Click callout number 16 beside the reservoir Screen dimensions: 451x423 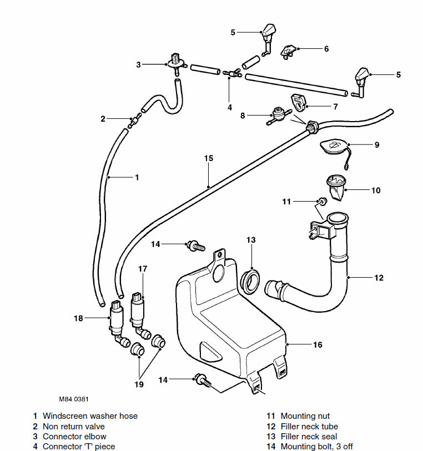click(x=318, y=345)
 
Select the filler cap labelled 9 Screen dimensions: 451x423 click(x=334, y=147)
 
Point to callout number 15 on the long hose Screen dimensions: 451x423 click(x=208, y=158)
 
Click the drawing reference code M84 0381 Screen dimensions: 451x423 click(x=74, y=399)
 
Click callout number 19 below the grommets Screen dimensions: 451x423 click(x=138, y=383)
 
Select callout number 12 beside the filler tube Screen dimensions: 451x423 click(x=379, y=278)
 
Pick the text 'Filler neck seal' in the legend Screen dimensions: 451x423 click(x=309, y=437)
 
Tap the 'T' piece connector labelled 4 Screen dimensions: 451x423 click(x=229, y=74)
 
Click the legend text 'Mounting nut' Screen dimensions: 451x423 click(x=305, y=416)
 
